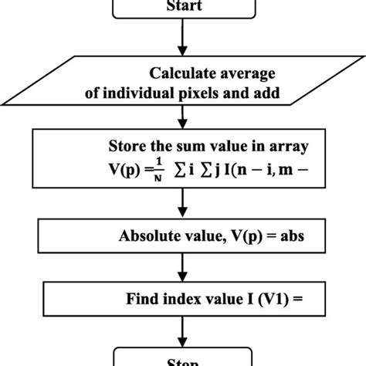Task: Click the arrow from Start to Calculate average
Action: coord(183,39)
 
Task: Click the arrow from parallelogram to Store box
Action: coord(183,117)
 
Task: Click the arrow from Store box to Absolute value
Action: coord(183,202)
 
